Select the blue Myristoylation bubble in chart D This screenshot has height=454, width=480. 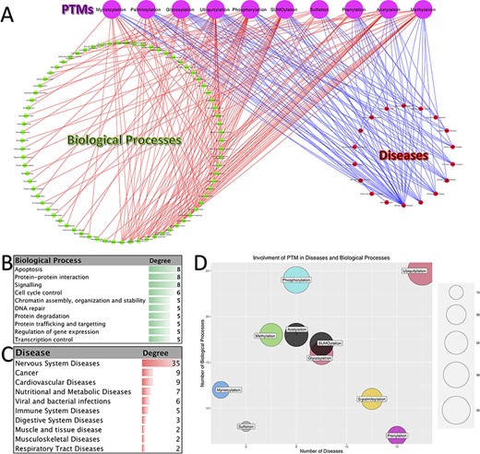(x=222, y=390)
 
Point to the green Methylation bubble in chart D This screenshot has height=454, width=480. (x=270, y=336)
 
